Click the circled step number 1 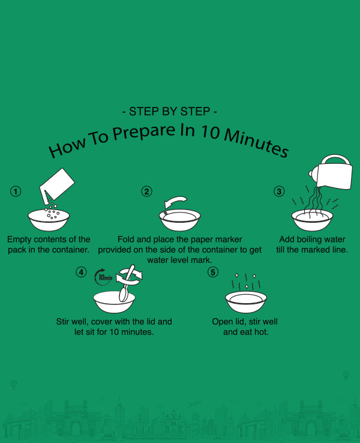click(x=16, y=191)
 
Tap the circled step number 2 click(x=146, y=191)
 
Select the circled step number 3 click(x=279, y=191)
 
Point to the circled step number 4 click(x=81, y=272)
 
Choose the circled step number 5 click(x=213, y=272)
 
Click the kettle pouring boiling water click(x=332, y=172)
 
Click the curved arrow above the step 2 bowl click(x=175, y=202)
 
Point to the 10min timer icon click(x=103, y=277)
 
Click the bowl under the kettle click(x=312, y=220)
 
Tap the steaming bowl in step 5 click(x=246, y=302)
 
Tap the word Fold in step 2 click(x=126, y=240)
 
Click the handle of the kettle click(x=335, y=158)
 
